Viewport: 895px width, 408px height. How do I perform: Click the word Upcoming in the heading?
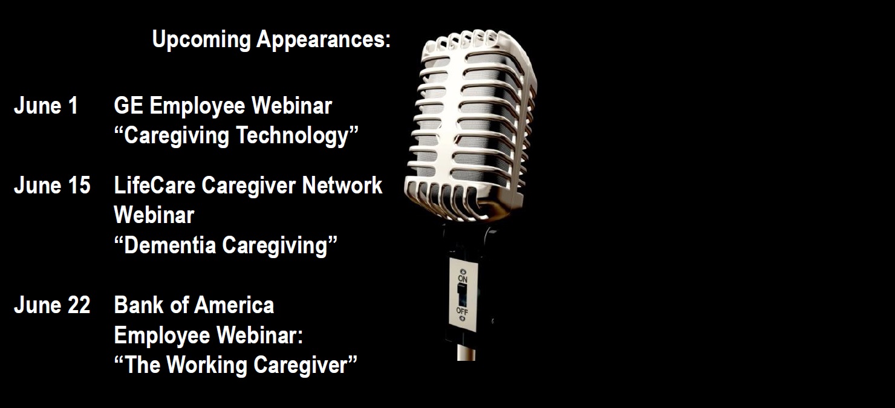tap(201, 40)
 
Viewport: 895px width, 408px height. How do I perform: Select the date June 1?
tap(46, 106)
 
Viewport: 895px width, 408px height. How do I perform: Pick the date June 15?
tap(53, 186)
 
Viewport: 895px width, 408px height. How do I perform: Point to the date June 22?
tap(53, 306)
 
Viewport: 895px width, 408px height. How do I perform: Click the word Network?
tap(342, 186)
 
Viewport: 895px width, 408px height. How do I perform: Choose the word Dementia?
tap(170, 245)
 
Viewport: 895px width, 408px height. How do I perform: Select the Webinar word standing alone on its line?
tap(154, 216)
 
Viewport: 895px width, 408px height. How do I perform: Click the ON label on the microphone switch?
tap(463, 279)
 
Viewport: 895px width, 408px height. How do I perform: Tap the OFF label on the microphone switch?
tap(462, 311)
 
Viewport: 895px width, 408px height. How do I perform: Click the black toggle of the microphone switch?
tap(462, 295)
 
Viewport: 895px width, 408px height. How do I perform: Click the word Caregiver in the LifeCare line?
tap(249, 186)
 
